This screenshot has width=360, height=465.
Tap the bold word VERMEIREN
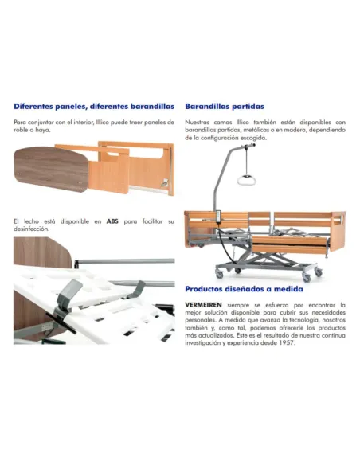coord(204,304)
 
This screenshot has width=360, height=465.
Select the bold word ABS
coord(112,221)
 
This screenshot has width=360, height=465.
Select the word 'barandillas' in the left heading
coord(149,106)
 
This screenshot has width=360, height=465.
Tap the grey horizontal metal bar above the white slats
coord(119,260)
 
